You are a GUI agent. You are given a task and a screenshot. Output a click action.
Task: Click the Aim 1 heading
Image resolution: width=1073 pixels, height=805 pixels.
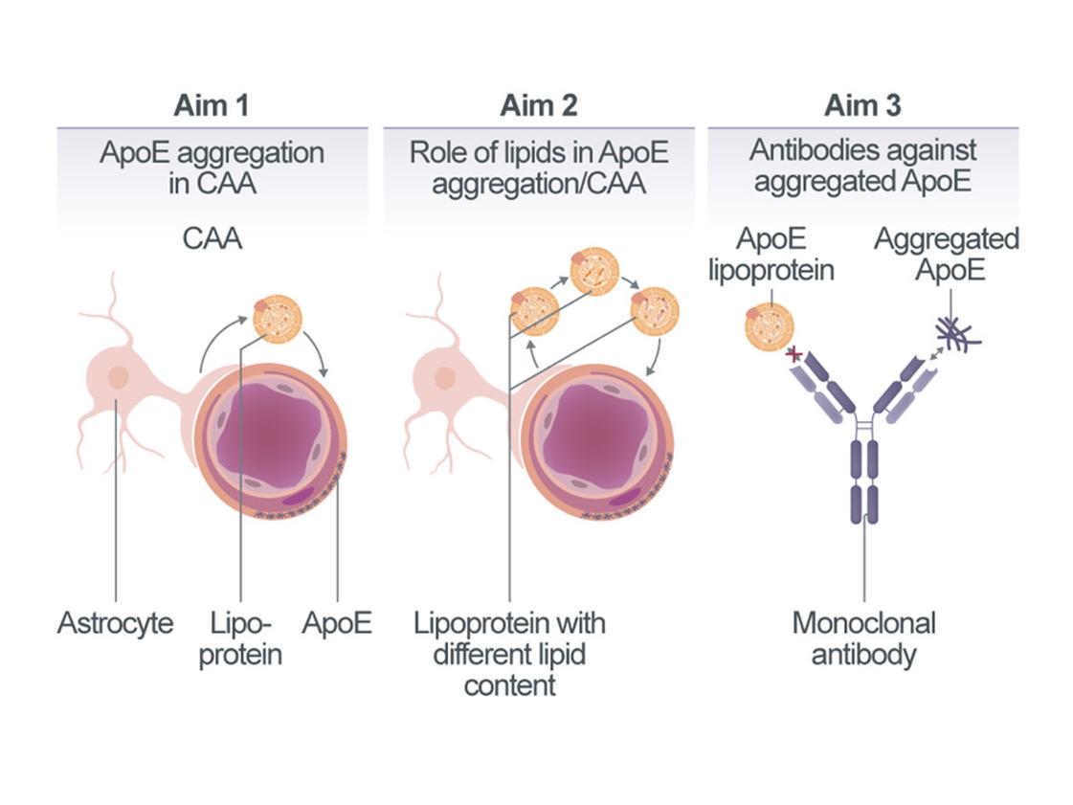point(212,105)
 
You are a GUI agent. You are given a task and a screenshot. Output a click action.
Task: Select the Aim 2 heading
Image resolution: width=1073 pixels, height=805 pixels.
point(539,105)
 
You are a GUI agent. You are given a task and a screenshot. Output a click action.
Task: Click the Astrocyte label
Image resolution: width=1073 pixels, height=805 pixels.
point(116,624)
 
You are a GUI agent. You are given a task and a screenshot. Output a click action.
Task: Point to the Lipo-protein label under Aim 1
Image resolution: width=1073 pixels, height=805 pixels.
point(240,639)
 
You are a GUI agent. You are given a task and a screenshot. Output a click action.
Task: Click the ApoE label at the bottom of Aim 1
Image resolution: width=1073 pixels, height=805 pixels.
point(337,624)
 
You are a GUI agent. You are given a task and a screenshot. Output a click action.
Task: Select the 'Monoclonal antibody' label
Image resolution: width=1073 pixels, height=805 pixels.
point(863,639)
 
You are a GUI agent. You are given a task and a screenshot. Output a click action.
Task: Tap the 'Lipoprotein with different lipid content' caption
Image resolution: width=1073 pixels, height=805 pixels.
point(509,655)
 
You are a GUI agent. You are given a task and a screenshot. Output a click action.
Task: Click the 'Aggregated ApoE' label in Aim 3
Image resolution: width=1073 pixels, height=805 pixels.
point(946,255)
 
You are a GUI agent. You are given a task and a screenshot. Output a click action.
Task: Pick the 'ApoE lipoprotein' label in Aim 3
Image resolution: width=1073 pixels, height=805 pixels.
point(771,255)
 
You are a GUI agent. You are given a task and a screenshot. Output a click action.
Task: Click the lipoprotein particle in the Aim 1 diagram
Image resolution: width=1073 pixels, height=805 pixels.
point(277,318)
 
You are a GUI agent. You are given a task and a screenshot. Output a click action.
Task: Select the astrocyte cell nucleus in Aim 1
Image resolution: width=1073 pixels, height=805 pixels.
point(119,377)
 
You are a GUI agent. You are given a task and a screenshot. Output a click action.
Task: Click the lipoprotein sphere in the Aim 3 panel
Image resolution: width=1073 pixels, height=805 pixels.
point(769,327)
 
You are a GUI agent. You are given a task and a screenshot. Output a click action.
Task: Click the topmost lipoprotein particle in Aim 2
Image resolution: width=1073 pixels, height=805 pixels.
point(594,271)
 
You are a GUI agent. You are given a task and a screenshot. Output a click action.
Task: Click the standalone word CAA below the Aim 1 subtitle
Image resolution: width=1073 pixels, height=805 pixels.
point(212,237)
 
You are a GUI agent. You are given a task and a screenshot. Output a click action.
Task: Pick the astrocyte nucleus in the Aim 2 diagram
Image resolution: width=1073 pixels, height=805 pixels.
point(445,377)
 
